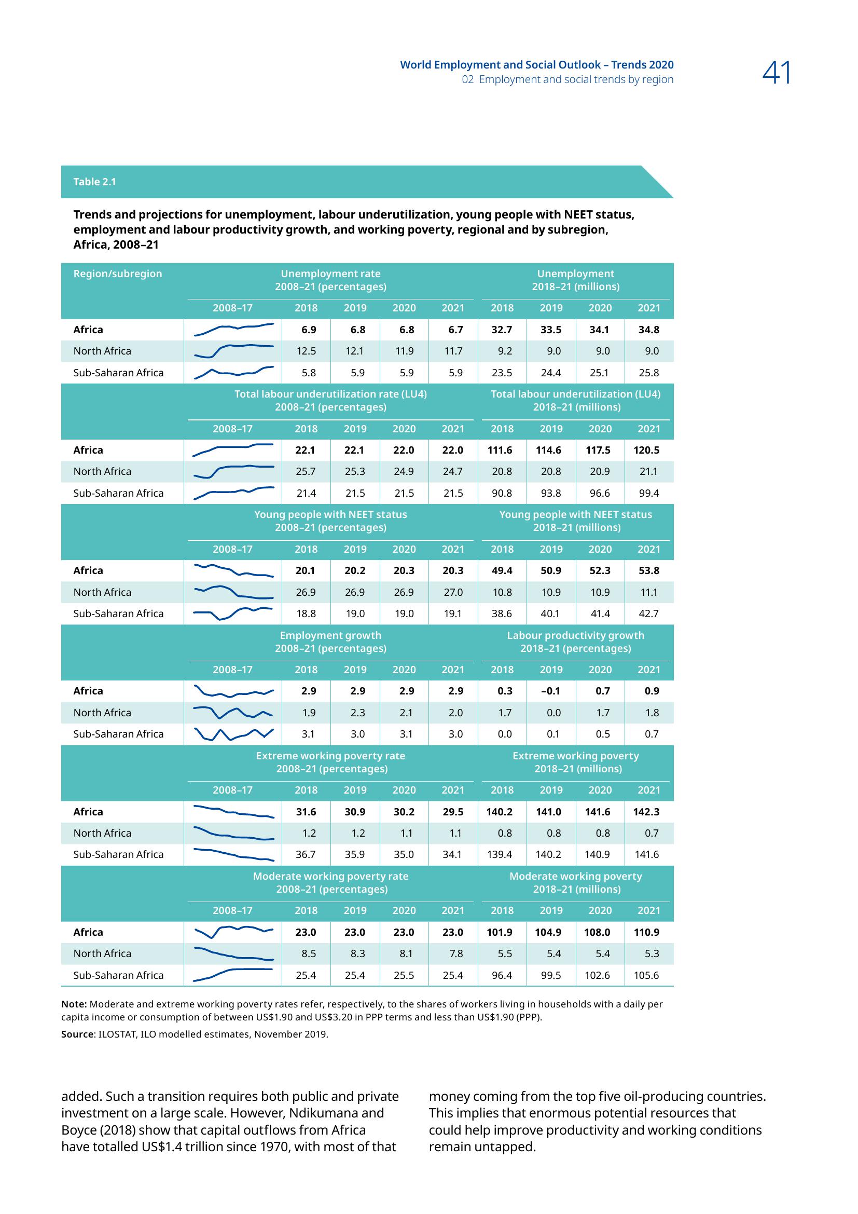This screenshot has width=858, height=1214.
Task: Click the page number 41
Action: pyautogui.click(x=777, y=74)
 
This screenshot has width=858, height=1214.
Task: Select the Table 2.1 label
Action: pyautogui.click(x=94, y=182)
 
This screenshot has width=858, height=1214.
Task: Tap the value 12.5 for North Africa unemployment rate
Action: pyautogui.click(x=306, y=351)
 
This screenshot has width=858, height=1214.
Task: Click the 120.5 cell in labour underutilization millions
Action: pyautogui.click(x=646, y=450)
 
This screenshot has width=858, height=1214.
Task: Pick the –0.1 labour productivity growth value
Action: pyautogui.click(x=550, y=691)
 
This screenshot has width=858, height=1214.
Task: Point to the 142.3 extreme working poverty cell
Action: pyautogui.click(x=646, y=812)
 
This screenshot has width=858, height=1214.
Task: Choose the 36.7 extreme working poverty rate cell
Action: pyautogui.click(x=306, y=854)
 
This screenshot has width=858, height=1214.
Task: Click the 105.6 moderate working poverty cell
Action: pyautogui.click(x=646, y=975)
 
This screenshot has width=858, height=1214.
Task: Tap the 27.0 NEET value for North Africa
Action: pyautogui.click(x=453, y=592)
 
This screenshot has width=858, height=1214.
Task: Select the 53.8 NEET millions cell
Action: pyautogui.click(x=649, y=570)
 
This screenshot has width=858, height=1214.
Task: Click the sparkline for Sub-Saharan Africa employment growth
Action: pyautogui.click(x=233, y=734)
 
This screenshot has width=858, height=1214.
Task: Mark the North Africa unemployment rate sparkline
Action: pyautogui.click(x=233, y=350)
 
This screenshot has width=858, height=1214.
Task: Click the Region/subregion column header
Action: pyautogui.click(x=118, y=274)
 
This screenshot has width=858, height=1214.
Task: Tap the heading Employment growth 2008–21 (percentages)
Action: pyautogui.click(x=331, y=642)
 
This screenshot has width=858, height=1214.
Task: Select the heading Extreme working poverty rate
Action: pyautogui.click(x=331, y=756)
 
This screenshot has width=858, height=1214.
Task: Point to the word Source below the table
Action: pyautogui.click(x=77, y=1034)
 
